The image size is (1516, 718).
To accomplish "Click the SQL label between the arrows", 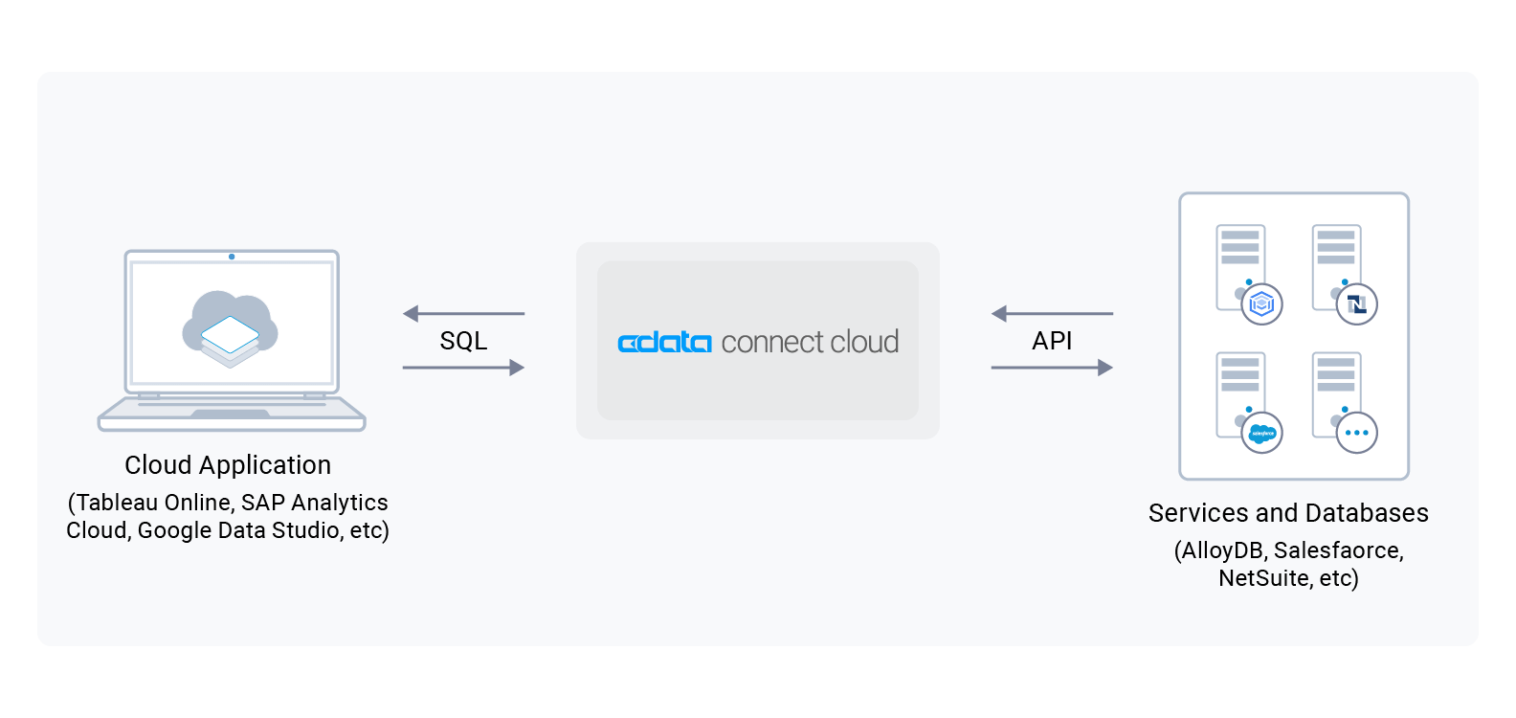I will point(463,341).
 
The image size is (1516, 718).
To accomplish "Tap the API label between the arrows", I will point(1052,341).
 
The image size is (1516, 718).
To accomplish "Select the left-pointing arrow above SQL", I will point(463,313).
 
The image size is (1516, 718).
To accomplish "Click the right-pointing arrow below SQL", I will point(463,368).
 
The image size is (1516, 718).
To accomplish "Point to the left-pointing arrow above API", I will point(1052,313).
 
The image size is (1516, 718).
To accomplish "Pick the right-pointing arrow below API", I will point(1052,368).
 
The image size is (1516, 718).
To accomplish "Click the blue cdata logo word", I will point(664,342).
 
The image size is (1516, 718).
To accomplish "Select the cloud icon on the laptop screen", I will point(231,328).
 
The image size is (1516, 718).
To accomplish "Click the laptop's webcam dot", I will point(232,257).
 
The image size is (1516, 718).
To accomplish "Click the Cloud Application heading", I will point(228,465).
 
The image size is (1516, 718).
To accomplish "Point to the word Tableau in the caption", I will point(116,503).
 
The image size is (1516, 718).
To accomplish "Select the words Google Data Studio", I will point(239,530).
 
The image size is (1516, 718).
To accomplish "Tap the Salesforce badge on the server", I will point(1262,434).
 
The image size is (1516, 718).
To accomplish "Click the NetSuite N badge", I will point(1357,304).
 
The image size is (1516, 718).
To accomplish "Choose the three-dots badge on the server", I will point(1357,433).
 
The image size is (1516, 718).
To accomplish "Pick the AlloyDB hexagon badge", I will point(1262,304).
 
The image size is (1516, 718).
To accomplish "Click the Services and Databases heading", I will point(1288,513).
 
